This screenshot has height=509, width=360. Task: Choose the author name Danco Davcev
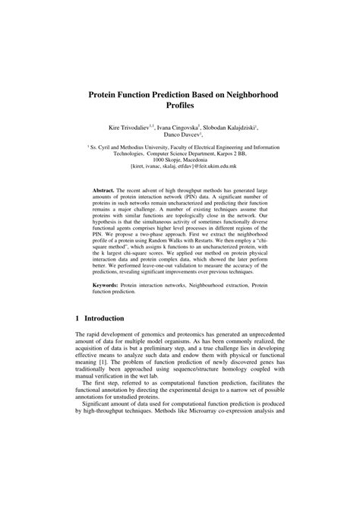click(178, 138)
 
